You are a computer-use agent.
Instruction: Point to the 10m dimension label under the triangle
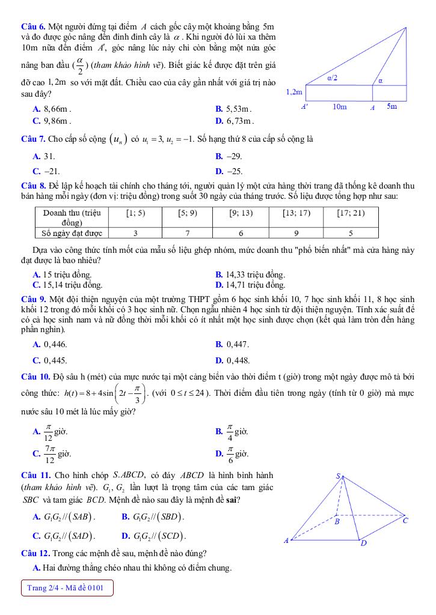[340, 107]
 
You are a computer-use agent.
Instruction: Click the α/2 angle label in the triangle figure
[332, 77]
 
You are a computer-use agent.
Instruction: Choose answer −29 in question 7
[229, 156]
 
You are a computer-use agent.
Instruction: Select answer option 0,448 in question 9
[232, 360]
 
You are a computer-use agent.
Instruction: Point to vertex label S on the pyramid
[338, 476]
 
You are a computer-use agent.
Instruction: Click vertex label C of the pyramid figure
[405, 520]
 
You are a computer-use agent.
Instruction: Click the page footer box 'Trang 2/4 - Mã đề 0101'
[66, 588]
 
